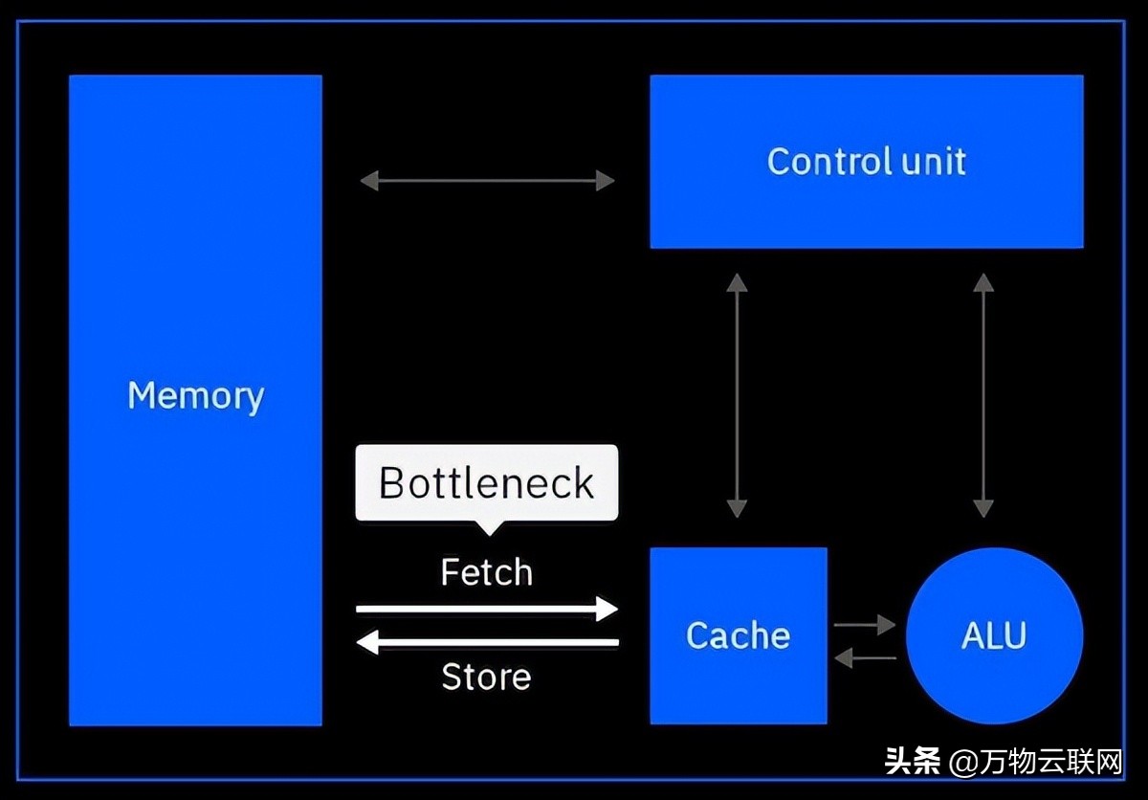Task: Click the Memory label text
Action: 195,395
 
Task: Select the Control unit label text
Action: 866,161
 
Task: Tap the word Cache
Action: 738,635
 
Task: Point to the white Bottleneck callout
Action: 487,482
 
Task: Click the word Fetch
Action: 486,572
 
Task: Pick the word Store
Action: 486,678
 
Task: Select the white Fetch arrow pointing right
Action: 487,608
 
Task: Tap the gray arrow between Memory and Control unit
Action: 487,180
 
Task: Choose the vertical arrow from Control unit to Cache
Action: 737,395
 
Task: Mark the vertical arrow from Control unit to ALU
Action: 982,395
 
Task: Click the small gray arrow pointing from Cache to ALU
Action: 864,625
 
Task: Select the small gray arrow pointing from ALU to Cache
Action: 864,657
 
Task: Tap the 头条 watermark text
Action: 912,763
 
